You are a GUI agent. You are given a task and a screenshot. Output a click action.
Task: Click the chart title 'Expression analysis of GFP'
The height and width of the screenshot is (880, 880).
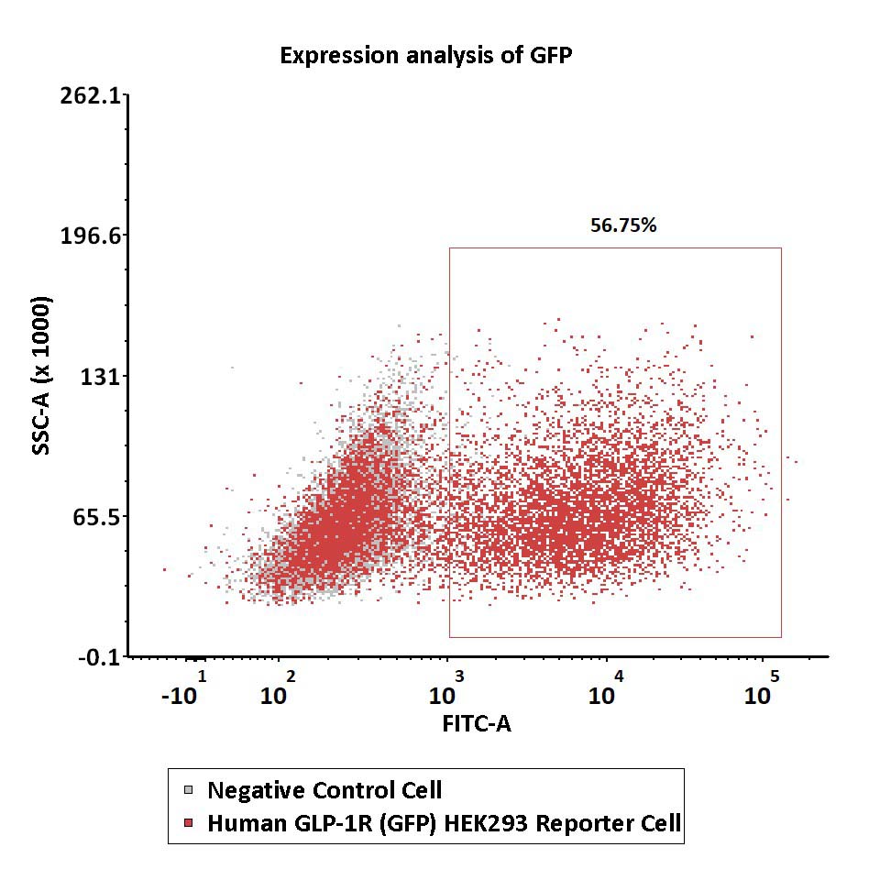click(426, 56)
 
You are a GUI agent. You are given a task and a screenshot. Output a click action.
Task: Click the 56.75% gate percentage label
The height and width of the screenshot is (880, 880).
click(623, 225)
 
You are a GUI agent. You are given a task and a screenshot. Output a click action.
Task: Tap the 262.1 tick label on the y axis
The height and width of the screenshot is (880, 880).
click(91, 96)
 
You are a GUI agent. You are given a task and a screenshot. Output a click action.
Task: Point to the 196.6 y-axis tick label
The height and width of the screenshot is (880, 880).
click(91, 236)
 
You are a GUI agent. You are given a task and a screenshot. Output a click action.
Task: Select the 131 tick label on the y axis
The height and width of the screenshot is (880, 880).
click(101, 376)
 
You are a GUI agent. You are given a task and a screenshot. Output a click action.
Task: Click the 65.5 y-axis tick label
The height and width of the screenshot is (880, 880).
click(96, 517)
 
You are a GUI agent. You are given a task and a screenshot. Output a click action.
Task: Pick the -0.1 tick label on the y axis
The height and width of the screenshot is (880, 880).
click(99, 657)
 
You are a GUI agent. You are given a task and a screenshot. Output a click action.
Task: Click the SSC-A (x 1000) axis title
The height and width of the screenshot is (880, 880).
click(41, 376)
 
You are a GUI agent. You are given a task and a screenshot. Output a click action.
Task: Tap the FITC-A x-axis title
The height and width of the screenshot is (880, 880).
click(477, 723)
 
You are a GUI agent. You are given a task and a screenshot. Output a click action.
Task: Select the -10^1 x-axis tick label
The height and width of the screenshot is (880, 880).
click(184, 688)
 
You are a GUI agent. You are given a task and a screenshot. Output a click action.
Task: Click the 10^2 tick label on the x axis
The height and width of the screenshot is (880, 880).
click(278, 688)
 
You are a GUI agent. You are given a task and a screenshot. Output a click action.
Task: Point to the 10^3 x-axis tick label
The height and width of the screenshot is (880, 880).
click(446, 688)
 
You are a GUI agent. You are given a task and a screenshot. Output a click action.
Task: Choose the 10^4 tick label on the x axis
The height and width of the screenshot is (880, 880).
click(606, 688)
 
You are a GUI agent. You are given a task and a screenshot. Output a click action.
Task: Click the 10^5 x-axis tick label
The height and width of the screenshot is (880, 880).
click(762, 688)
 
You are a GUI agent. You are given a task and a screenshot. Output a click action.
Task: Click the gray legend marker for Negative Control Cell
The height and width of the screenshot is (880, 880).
click(189, 790)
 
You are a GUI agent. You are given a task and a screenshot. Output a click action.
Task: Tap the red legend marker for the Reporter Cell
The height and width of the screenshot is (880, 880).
click(189, 823)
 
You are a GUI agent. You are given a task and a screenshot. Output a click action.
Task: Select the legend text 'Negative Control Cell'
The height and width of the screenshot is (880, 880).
click(324, 790)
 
